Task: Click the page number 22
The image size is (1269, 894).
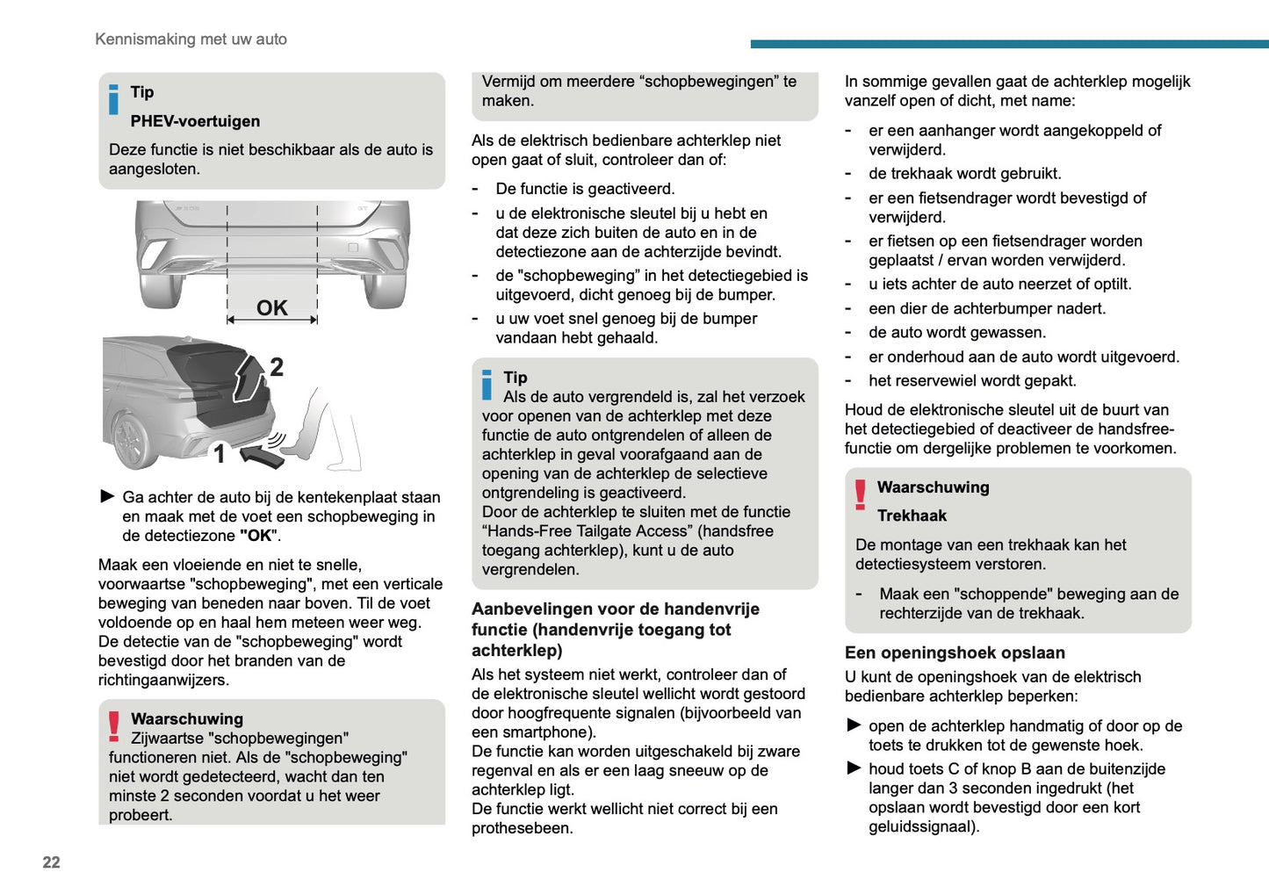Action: point(51,862)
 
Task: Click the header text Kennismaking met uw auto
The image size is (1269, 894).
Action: point(191,39)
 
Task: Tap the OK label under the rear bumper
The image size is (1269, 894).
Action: point(271,307)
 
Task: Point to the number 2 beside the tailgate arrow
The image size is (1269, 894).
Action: point(276,367)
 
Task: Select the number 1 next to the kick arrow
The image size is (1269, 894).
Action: point(220,453)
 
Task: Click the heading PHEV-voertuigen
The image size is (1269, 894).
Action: point(195,121)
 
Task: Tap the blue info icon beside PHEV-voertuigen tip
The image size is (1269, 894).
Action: point(113,99)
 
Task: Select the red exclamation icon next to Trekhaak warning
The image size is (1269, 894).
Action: point(860,494)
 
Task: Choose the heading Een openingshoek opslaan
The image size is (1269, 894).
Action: point(955,652)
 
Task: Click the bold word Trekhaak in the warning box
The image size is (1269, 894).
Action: point(912,515)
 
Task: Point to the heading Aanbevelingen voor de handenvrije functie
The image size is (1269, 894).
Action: point(615,629)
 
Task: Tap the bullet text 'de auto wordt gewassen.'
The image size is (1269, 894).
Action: point(956,332)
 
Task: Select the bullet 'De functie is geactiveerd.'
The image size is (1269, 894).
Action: point(585,189)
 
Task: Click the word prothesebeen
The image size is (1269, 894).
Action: point(522,828)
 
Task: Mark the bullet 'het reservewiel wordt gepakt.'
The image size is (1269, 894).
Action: point(972,380)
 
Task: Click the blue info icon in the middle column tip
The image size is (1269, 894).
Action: point(487,385)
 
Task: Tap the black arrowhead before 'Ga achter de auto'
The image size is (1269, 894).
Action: point(107,496)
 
